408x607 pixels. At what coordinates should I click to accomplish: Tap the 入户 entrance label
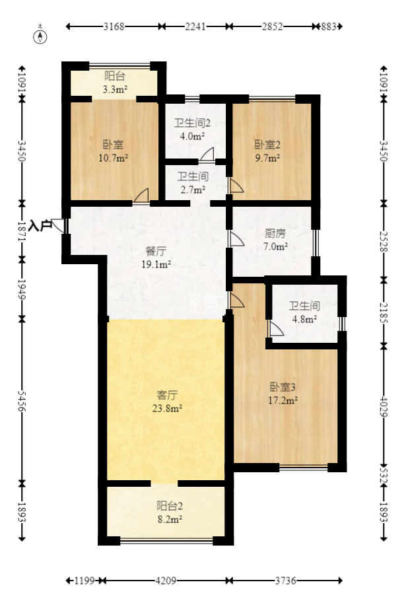40,225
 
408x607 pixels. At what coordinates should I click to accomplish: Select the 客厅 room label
167,395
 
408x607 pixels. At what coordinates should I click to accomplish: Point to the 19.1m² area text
156,265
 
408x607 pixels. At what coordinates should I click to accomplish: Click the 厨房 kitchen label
275,233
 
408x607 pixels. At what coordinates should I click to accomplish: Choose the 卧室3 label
283,387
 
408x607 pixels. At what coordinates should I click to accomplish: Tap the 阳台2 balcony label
170,505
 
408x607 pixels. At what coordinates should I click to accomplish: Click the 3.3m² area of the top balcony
115,89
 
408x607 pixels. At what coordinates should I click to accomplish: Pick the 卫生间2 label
192,123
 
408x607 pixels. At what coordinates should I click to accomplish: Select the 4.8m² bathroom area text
304,319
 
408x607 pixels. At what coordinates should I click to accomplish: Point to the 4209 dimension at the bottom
166,581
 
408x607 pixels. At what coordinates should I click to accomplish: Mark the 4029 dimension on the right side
384,406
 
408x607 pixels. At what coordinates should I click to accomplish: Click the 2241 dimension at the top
195,26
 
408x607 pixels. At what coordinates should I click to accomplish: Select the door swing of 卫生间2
207,154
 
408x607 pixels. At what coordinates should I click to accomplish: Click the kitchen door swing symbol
236,239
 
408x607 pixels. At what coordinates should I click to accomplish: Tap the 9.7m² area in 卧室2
267,158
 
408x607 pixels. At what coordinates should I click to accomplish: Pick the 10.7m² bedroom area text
114,158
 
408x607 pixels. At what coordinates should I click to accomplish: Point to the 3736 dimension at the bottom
286,581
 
